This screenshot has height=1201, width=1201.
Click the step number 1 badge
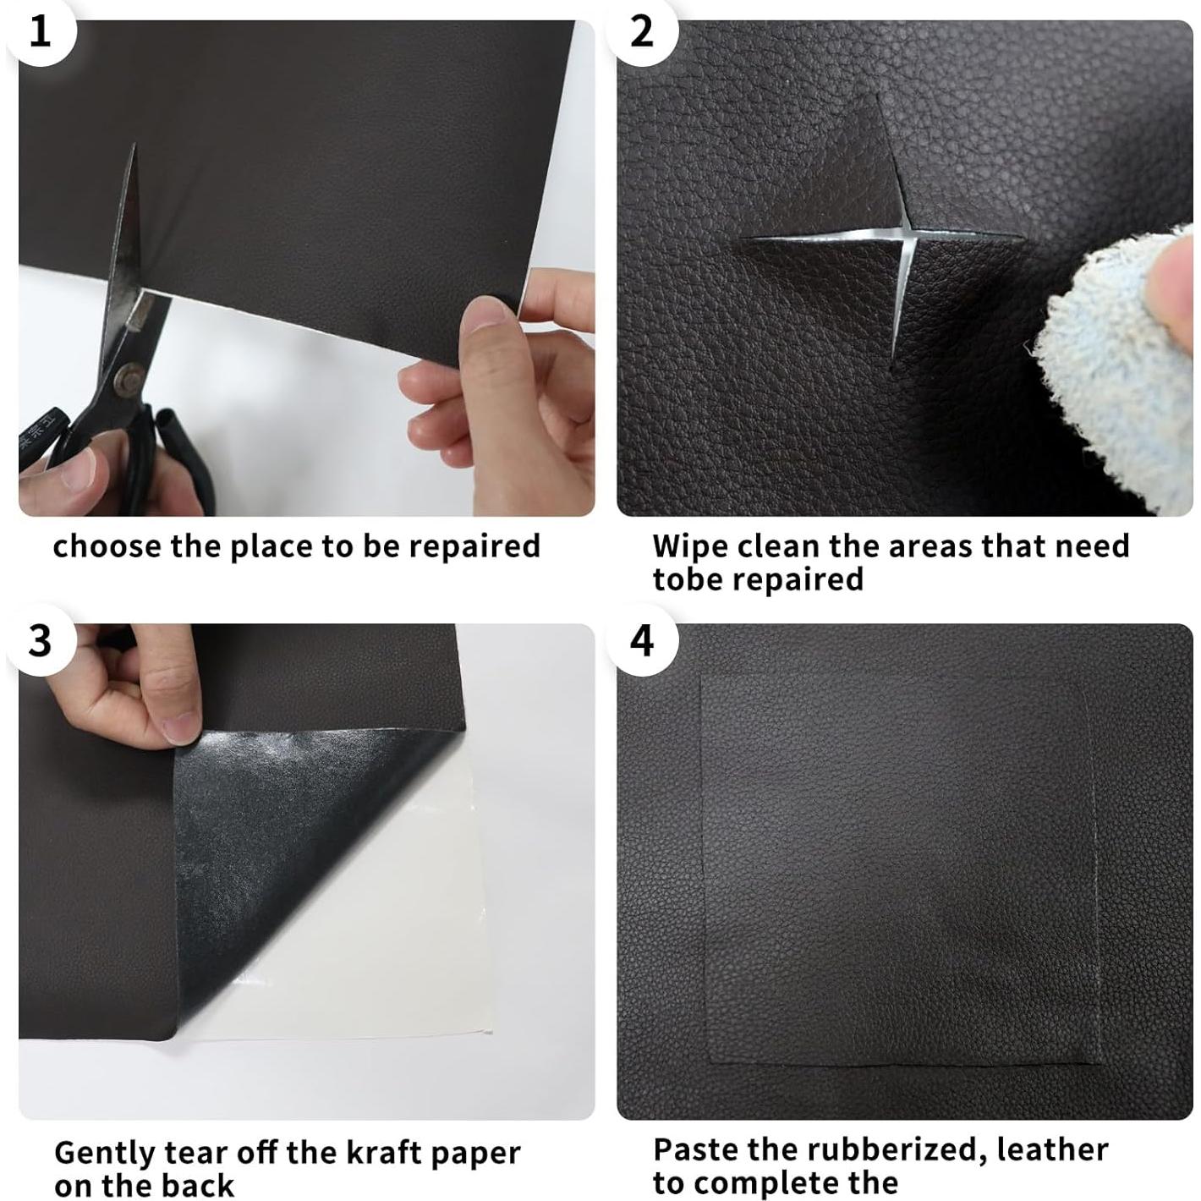click(40, 31)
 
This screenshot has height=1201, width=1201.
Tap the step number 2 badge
click(642, 31)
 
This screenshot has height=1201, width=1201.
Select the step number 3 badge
click(40, 640)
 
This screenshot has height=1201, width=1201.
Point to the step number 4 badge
click(642, 640)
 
